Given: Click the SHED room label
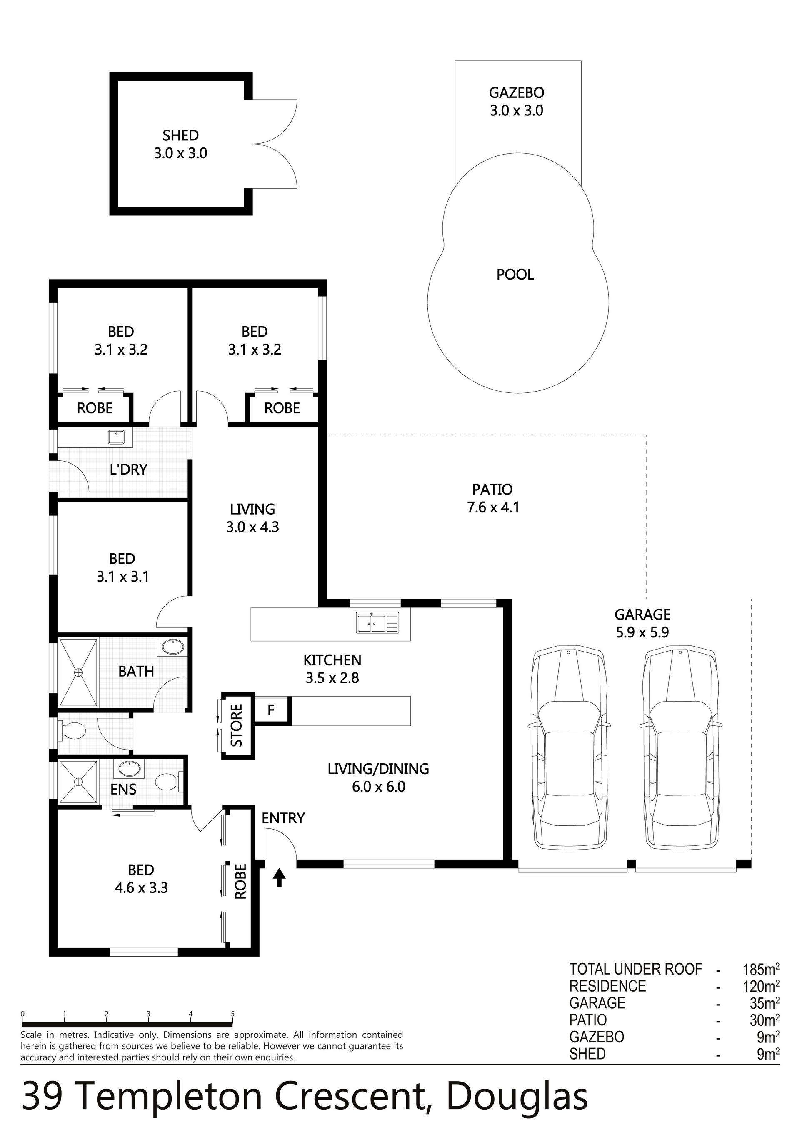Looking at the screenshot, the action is pos(180,135).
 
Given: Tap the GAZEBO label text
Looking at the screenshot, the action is pos(516,92).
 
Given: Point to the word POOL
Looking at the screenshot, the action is pos(515,275).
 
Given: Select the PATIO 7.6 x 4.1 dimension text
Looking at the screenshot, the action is pos(493,507).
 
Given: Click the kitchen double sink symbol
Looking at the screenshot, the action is pos(378,623).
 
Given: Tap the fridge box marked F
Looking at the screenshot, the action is pos(271,710).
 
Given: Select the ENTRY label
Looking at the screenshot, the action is pos(283,818).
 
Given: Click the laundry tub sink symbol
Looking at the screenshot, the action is pos(116,437).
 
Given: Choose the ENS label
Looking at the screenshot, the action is pos(123,790).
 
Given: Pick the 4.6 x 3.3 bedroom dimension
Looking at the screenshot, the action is pos(142,888).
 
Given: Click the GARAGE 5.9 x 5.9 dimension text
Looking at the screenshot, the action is pos(642,632).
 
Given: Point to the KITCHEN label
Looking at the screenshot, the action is pos(332,660).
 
